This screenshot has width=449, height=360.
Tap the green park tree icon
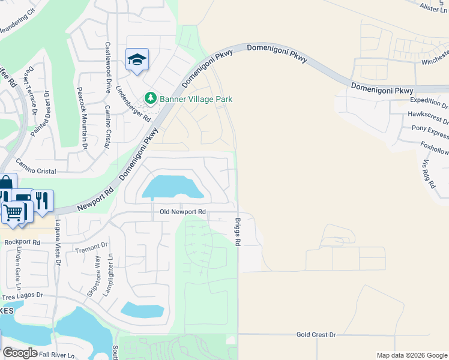[150, 98]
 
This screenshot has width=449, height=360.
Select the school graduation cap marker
[137, 60]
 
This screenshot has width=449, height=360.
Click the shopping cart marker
[14, 212]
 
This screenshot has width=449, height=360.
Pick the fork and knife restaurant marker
[41, 201]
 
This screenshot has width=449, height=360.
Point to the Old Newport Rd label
[182, 212]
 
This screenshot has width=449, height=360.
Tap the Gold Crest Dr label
[316, 334]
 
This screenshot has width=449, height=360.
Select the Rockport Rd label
[21, 242]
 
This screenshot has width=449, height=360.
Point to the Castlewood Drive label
[109, 67]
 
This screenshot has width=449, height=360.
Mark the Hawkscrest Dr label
[427, 114]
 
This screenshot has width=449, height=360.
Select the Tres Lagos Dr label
[23, 296]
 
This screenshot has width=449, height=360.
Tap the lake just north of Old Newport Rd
[172, 188]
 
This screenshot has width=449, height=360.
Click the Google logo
[20, 353]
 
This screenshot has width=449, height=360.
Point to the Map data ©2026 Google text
[412, 355]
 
